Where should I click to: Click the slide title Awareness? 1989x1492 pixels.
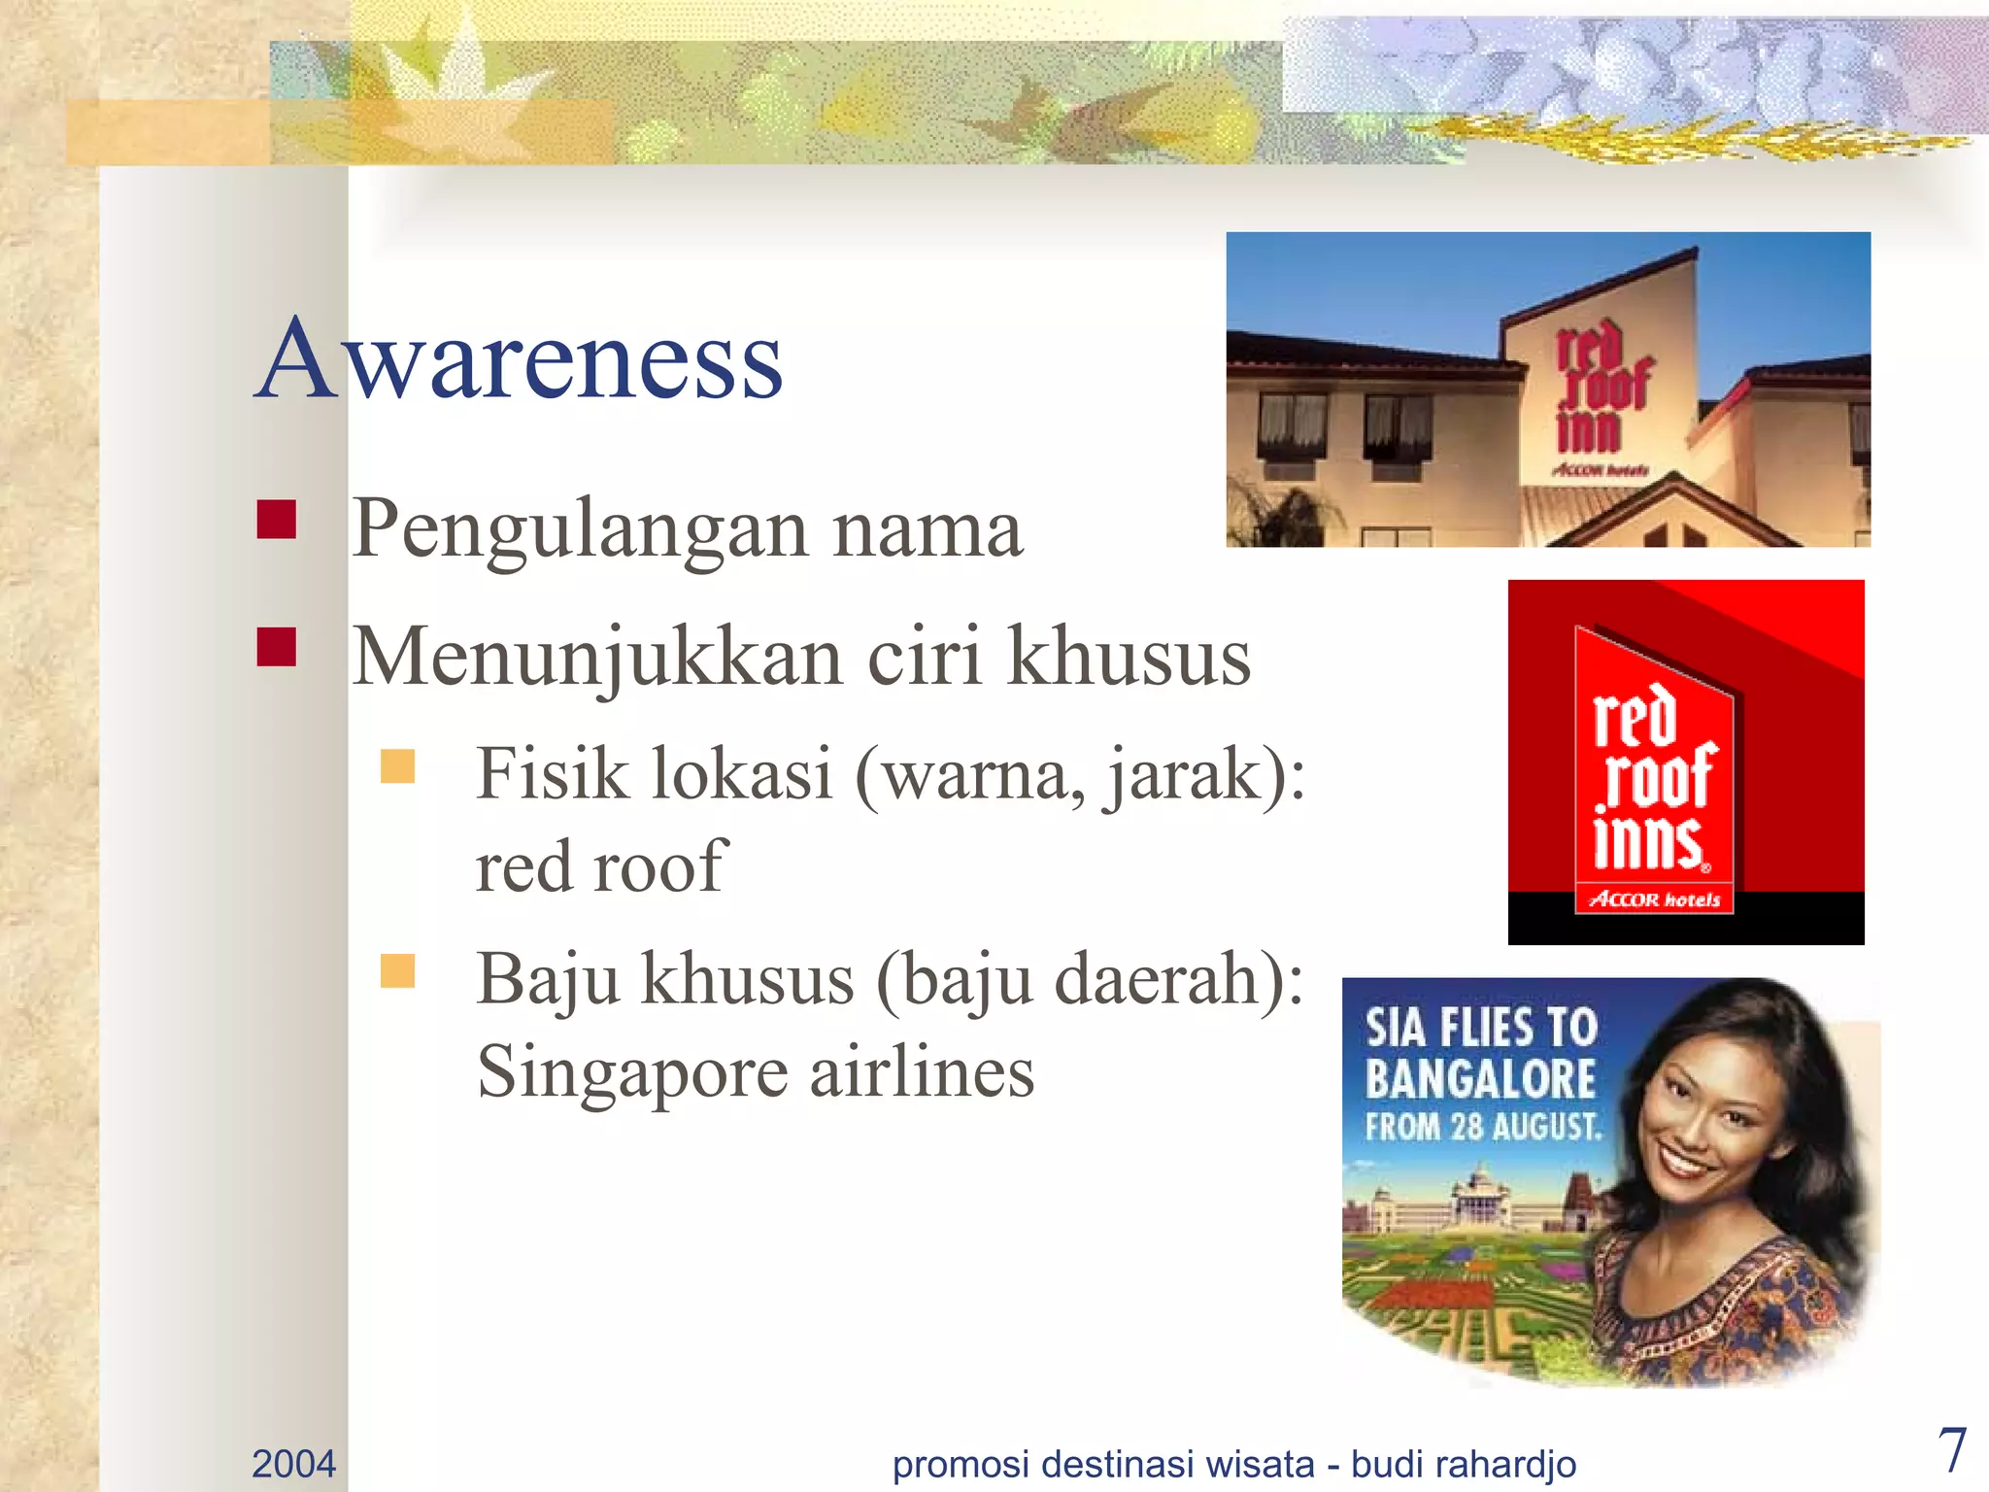520,359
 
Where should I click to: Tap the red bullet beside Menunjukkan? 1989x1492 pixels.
276,647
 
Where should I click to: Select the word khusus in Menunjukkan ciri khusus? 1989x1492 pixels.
1129,658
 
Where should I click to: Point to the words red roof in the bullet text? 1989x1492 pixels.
600,865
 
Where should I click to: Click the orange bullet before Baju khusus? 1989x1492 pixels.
397,970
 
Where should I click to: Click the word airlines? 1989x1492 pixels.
922,1072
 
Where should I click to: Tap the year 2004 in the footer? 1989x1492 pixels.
293,1463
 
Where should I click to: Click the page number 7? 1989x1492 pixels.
1951,1450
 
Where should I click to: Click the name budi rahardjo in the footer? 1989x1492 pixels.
1464,1463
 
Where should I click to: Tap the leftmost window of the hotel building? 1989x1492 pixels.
1292,425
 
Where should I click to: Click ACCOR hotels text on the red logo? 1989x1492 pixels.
1654,899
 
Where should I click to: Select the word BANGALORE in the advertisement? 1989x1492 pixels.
1480,1078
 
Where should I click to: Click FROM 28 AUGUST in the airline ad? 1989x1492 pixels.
1483,1127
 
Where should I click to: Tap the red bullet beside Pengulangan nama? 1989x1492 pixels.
276,519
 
